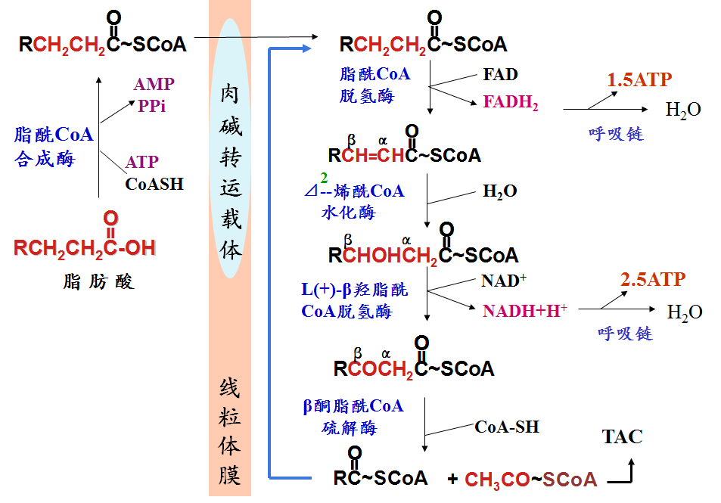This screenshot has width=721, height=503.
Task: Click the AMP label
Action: coord(154,84)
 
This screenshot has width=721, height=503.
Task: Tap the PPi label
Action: coord(152,106)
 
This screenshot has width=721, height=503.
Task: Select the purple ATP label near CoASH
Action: coord(142,162)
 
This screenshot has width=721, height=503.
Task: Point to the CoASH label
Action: coord(154,184)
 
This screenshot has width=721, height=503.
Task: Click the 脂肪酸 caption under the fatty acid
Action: coord(99,281)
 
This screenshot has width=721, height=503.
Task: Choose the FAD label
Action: coord(500,74)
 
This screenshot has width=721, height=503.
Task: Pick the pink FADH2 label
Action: coord(511,102)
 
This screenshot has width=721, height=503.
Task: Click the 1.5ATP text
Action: coord(639,79)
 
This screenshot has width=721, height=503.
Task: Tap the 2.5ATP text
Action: coord(653,279)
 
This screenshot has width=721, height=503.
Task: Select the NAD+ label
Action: coord(504,281)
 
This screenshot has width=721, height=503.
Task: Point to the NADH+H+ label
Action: coord(524,311)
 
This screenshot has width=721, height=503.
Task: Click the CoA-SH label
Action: coord(507,427)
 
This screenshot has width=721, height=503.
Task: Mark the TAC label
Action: coord(622,436)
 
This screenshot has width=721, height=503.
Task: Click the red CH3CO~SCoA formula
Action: coord(530,480)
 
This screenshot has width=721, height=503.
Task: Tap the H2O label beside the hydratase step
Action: coord(500,191)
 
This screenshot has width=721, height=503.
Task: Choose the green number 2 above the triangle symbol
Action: coord(324,178)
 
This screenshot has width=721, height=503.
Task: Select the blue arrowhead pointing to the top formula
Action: coord(307,48)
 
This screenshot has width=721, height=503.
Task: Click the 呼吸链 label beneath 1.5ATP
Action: coord(616,134)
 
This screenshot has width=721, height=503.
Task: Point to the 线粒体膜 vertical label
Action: coord(229,432)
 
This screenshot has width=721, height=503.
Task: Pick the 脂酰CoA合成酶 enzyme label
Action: coord(54,147)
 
